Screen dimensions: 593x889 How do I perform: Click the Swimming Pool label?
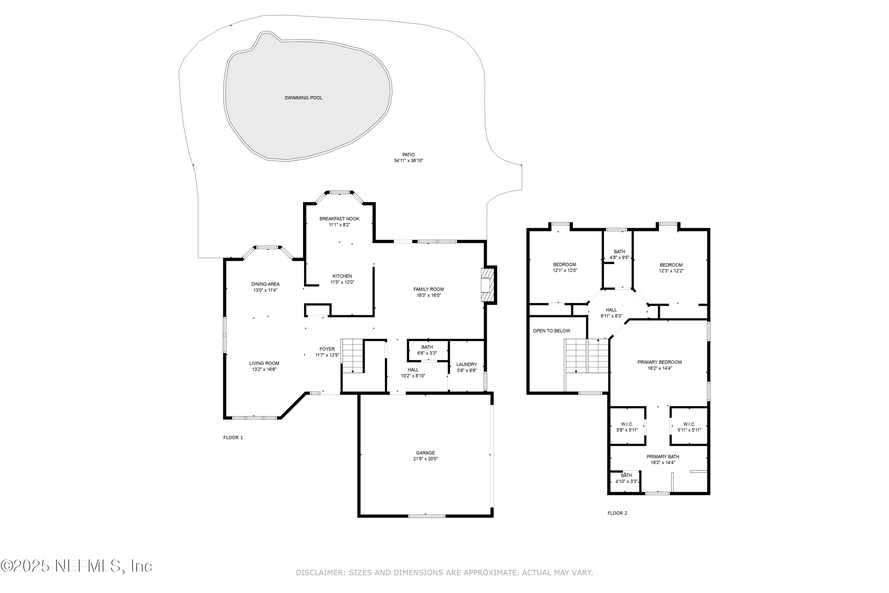303,98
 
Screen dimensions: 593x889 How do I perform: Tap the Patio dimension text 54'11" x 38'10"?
408,161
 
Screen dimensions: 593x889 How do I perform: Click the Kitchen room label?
342,276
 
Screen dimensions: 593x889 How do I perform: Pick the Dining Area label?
265,284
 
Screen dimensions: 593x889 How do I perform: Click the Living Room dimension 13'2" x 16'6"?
264,369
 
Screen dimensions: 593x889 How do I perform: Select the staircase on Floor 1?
353,356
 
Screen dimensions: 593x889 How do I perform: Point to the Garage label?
425,453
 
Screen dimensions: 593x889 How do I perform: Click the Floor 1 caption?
233,438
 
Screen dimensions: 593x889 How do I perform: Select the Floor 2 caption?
617,513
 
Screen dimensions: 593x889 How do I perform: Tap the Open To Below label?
551,331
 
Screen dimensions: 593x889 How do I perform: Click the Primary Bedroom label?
660,362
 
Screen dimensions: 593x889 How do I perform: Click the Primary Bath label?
663,457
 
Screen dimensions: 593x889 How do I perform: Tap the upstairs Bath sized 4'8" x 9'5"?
620,254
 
